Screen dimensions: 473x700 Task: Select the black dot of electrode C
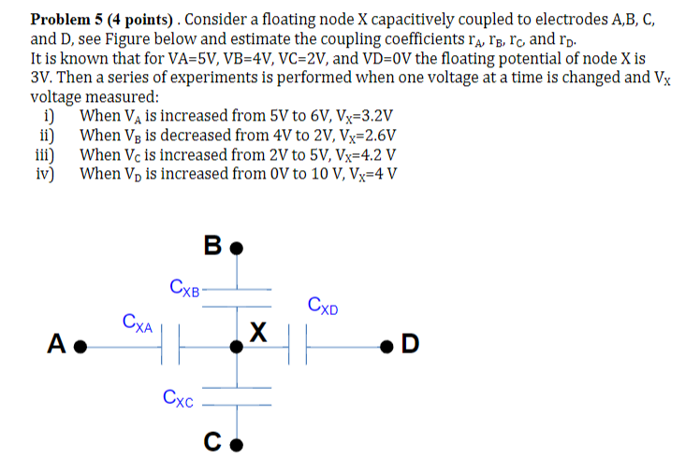[x=237, y=443]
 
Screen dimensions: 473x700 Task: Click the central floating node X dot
[x=237, y=346]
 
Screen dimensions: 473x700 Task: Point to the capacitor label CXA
[x=139, y=322]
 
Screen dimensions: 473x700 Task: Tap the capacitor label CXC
[x=178, y=400]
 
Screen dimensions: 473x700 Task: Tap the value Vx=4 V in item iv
[x=365, y=173]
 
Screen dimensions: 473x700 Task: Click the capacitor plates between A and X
[x=169, y=346]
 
